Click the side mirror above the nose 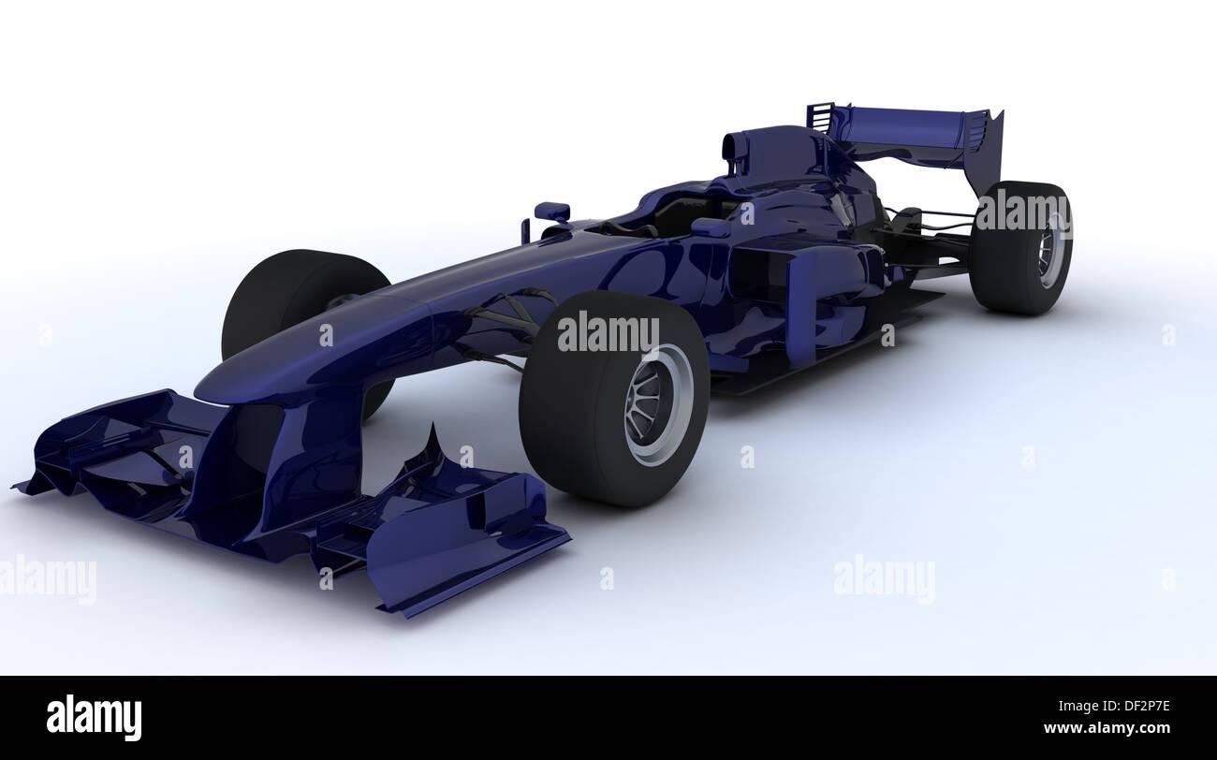pyautogui.click(x=552, y=211)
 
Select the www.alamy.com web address pyautogui.click(x=1107, y=728)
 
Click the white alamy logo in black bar pyautogui.click(x=94, y=717)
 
